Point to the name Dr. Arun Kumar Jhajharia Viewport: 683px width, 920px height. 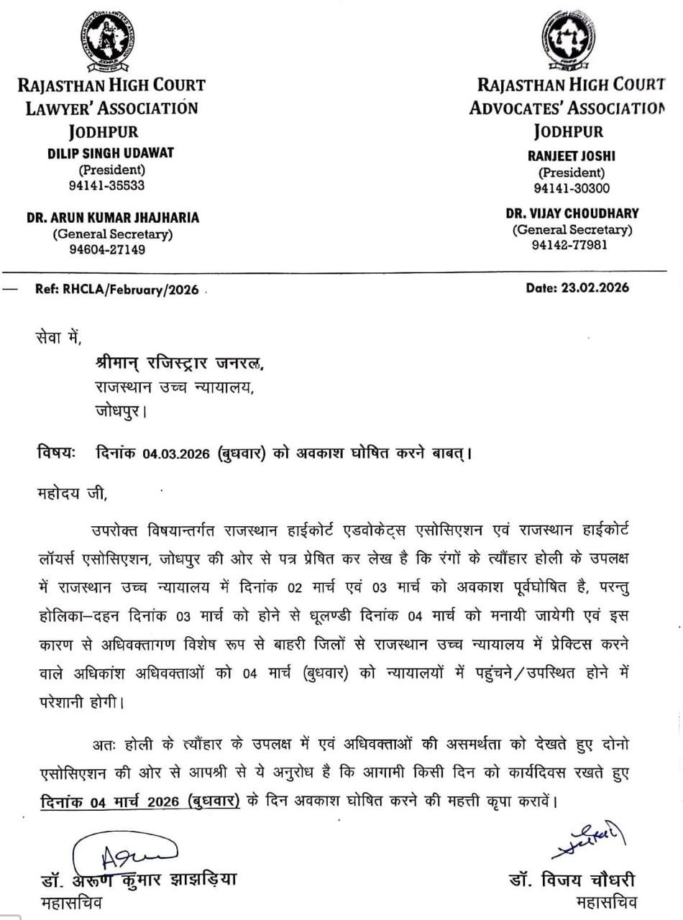pos(113,218)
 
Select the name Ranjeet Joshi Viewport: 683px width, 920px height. pos(572,156)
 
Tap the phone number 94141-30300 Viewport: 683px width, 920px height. pos(572,188)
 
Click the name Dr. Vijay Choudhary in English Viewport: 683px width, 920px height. pos(572,213)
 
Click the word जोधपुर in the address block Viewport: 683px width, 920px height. pos(122,412)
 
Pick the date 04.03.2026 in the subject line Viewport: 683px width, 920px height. pos(176,454)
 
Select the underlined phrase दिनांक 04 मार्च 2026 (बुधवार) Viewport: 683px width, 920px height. pos(139,801)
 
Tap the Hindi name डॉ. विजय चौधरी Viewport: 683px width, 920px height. pos(571,880)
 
